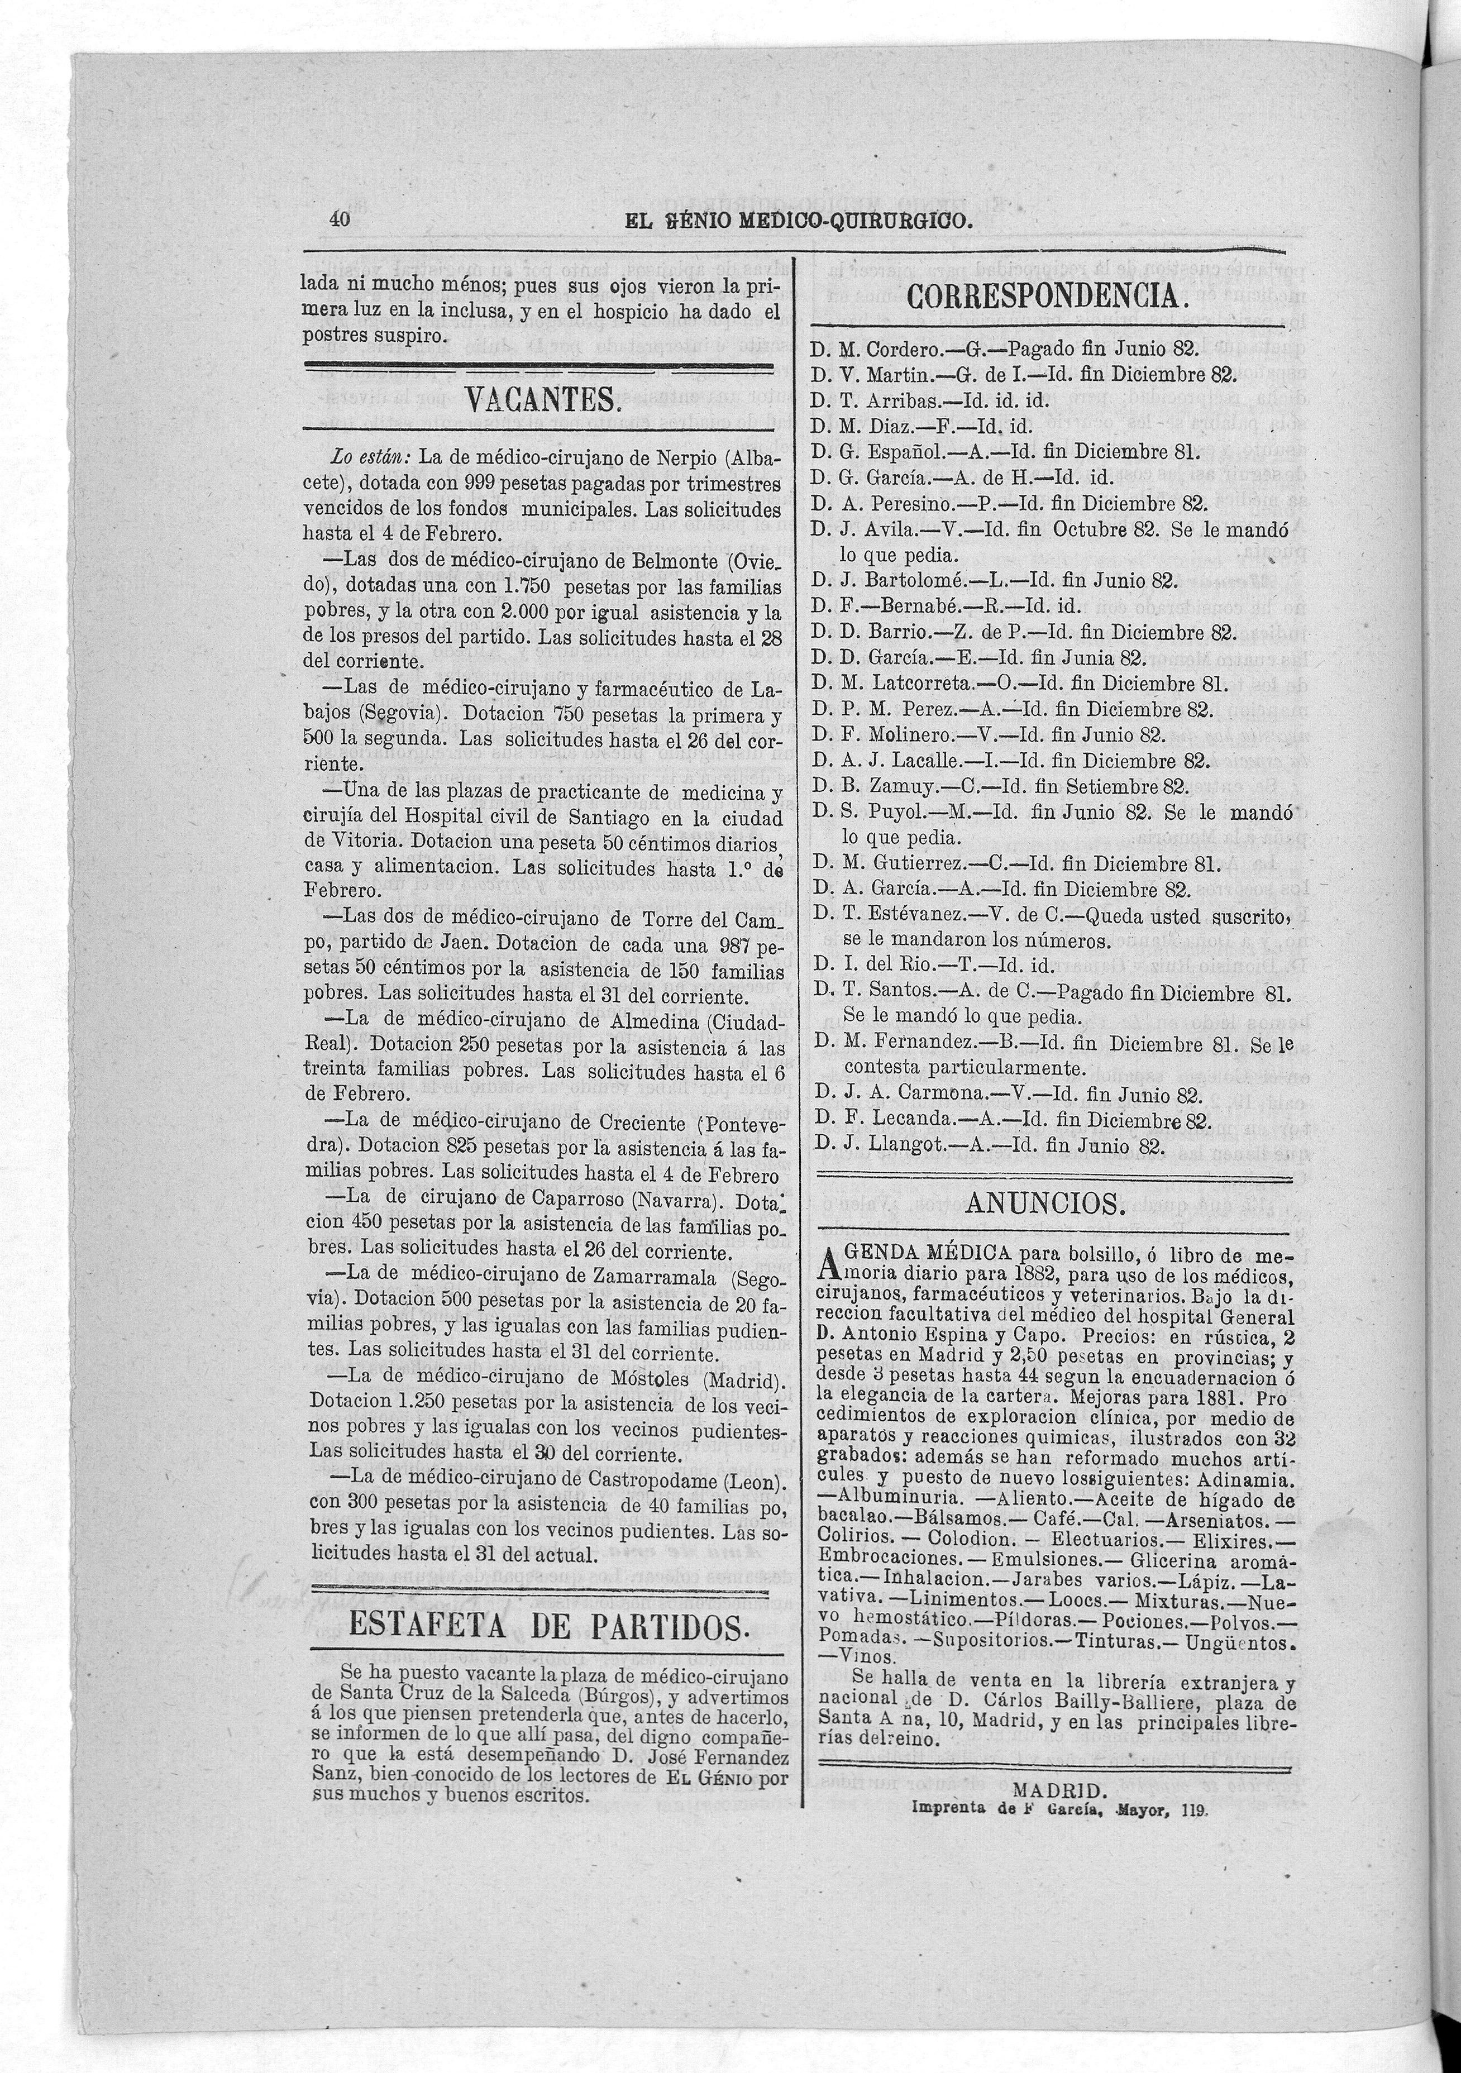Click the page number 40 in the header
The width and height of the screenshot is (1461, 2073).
click(x=341, y=219)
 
